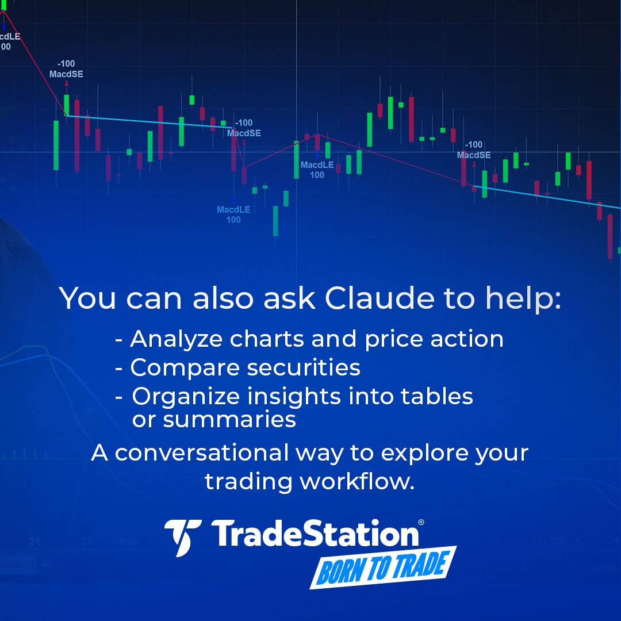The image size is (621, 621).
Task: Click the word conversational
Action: pyautogui.click(x=201, y=453)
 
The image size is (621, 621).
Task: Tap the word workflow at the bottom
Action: pyautogui.click(x=356, y=481)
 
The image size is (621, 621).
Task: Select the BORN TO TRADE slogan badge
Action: pyautogui.click(x=382, y=567)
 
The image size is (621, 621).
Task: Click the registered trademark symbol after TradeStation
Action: pyautogui.click(x=421, y=523)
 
